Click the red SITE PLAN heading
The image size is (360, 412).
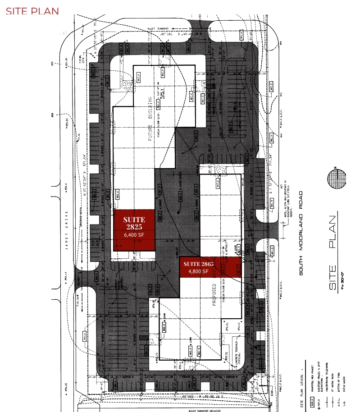tap(32, 11)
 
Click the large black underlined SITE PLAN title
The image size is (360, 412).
tap(333, 252)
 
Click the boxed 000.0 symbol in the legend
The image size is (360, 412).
tap(311, 405)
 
